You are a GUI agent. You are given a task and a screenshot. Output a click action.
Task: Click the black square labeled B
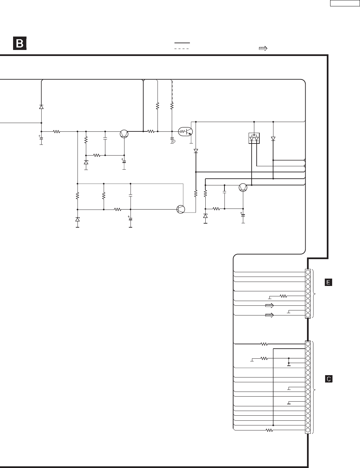(20, 44)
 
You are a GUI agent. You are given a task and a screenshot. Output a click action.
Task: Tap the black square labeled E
(329, 282)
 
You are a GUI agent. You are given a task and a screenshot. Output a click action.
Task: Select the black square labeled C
(329, 379)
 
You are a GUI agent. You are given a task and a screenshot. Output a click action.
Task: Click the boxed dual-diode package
(254, 138)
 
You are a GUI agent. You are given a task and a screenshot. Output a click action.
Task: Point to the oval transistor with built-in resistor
(186, 132)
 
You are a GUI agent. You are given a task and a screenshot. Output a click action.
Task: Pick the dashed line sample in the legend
(182, 49)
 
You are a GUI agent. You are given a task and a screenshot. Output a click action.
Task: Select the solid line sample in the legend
(182, 43)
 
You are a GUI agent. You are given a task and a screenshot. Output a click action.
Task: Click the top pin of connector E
(308, 272)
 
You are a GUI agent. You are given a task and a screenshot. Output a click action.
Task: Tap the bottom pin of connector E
(308, 315)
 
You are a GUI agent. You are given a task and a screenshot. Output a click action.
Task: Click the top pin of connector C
(308, 344)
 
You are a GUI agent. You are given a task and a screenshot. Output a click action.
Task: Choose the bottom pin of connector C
(308, 430)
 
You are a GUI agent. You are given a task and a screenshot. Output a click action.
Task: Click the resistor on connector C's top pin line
(264, 344)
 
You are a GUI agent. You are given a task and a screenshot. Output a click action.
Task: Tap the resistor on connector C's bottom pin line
(269, 430)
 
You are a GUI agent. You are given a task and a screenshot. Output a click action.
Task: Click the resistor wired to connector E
(284, 296)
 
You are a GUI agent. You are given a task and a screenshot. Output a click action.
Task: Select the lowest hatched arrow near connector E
(269, 315)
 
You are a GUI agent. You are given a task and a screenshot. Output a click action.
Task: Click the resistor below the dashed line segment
(172, 106)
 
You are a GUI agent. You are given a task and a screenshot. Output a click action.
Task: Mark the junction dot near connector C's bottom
(274, 425)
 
